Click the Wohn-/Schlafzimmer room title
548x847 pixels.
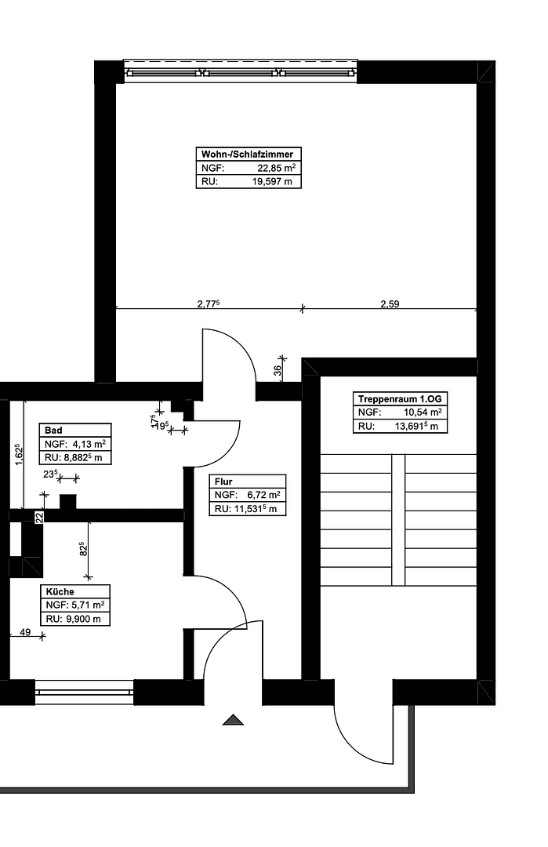pos(247,154)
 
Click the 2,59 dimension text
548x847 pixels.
pos(390,304)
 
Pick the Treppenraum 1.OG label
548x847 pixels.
pos(400,398)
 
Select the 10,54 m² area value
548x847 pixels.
pos(423,413)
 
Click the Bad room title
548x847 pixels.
pos(54,431)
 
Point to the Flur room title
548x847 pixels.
pos(223,482)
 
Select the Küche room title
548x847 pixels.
pos(60,592)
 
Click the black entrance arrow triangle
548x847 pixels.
pos(234,719)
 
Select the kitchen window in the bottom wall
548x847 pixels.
pos(85,693)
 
